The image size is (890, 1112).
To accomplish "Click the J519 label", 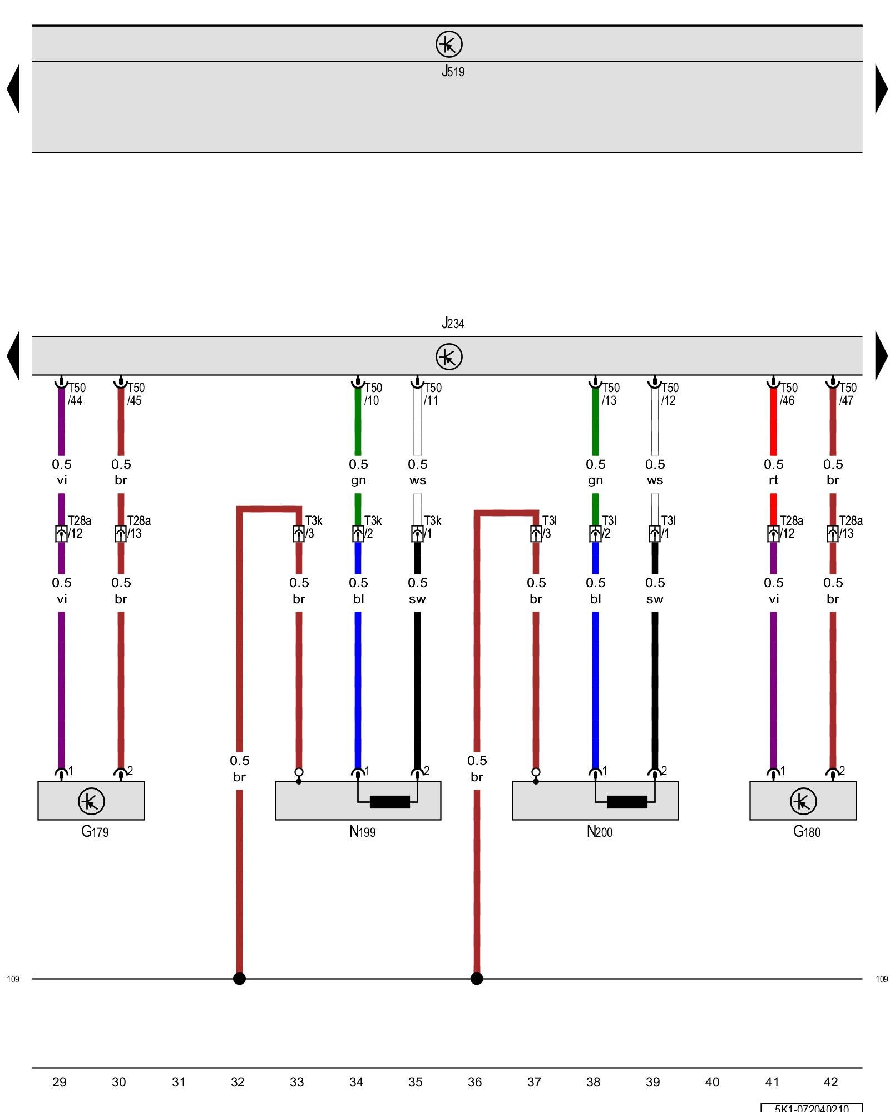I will click(453, 71).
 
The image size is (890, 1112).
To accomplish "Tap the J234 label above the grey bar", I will click(453, 323).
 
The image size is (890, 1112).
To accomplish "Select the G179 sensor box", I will click(91, 800).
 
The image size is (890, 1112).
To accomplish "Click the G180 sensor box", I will click(803, 800).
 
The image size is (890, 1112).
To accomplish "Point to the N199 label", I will click(362, 832).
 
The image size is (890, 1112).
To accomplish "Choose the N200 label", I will click(599, 832).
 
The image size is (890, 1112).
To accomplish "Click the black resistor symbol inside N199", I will click(389, 802).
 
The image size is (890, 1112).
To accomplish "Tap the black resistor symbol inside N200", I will click(627, 802).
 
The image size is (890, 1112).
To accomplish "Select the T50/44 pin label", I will click(76, 394).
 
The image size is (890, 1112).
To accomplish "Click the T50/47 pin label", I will click(847, 394).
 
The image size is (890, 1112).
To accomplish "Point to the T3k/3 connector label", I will click(313, 527).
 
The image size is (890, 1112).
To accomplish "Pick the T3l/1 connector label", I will click(667, 527).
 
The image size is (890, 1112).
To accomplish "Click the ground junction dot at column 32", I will click(239, 979).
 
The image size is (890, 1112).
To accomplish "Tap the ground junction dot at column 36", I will click(477, 979).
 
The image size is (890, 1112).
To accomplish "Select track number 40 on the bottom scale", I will click(712, 1082).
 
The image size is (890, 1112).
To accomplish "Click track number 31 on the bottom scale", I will click(179, 1082).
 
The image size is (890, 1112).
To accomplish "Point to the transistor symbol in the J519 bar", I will click(449, 44).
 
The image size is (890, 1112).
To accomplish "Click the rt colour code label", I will click(773, 480).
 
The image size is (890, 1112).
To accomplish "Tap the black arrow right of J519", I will click(881, 89).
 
